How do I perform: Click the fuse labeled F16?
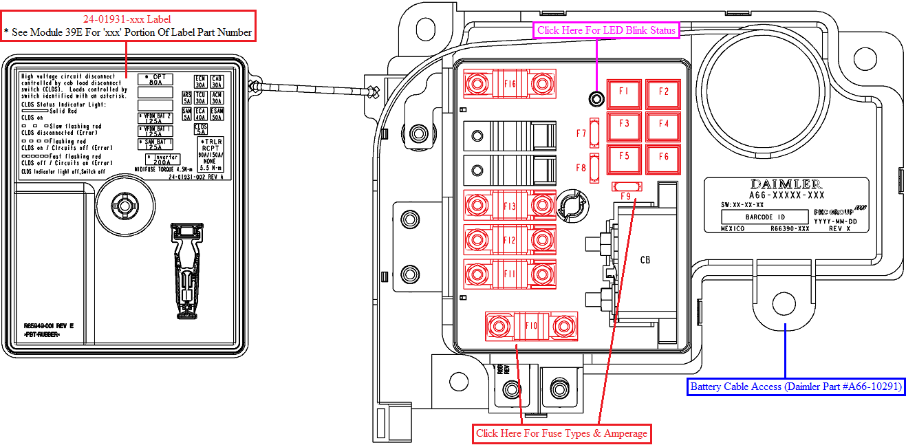509,84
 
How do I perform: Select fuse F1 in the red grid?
624,92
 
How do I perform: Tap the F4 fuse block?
663,124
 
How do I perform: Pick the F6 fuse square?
663,157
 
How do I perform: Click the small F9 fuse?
626,187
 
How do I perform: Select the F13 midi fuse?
509,206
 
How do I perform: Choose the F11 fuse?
509,274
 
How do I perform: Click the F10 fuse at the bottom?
530,325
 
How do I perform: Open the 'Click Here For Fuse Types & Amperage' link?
561,433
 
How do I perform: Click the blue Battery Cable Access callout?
796,387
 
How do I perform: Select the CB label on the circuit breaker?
645,260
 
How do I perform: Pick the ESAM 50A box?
217,114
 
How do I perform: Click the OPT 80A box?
155,80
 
